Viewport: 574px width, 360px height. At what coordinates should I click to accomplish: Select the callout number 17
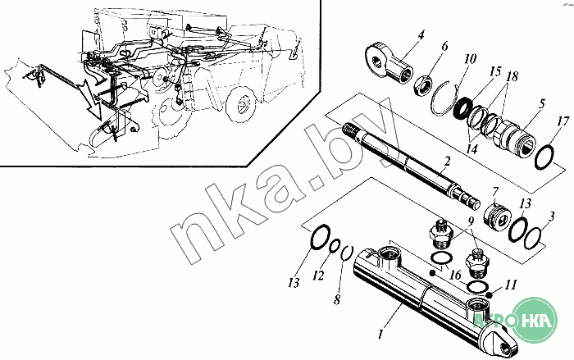click(x=561, y=124)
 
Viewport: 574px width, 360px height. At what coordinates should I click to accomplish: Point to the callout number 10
click(x=469, y=60)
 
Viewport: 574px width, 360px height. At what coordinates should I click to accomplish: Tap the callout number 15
click(x=494, y=71)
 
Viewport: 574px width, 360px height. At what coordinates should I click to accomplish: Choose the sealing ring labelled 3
click(x=533, y=238)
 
